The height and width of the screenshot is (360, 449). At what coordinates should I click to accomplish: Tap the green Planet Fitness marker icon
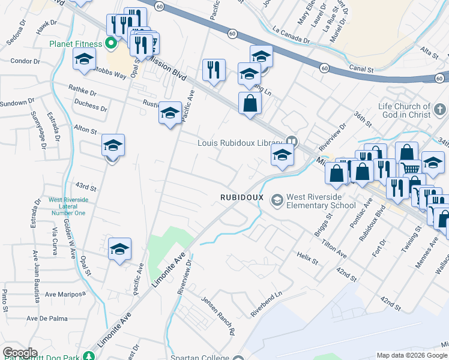[110, 43]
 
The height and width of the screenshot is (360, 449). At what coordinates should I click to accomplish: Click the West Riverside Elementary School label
[321, 200]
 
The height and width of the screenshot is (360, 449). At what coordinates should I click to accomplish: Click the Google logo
[20, 353]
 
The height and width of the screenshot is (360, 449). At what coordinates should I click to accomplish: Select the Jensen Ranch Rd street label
[217, 315]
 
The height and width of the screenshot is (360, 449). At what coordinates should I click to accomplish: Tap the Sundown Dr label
[13, 103]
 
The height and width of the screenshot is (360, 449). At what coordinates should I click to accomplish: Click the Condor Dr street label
[25, 61]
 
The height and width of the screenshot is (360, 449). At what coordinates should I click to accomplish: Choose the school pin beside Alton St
[113, 146]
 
